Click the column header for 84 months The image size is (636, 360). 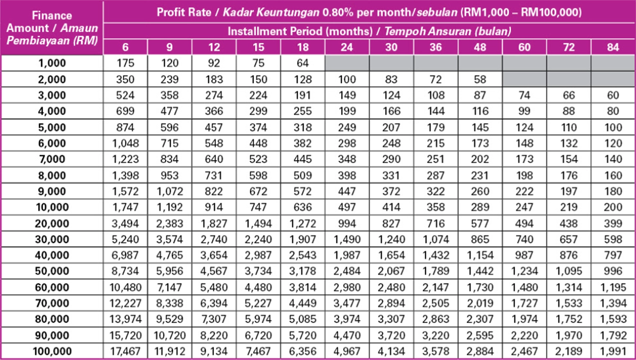613,47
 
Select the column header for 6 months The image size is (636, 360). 125,47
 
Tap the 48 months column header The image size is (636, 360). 480,47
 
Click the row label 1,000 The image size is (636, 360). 52,63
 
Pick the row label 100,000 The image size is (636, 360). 52,351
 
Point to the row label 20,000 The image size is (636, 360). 52,224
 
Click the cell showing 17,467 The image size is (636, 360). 125,351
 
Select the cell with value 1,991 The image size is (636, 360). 613,351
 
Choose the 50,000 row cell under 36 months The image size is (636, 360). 436,271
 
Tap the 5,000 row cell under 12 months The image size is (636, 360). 214,128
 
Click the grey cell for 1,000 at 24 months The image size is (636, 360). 347,63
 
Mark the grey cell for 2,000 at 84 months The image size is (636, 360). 613,79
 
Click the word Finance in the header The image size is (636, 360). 52,15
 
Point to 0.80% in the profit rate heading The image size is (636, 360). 338,12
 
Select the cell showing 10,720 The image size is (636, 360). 169,335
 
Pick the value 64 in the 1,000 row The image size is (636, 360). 303,63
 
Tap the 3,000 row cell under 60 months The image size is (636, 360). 524,95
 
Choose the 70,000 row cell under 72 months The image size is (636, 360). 569,303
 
